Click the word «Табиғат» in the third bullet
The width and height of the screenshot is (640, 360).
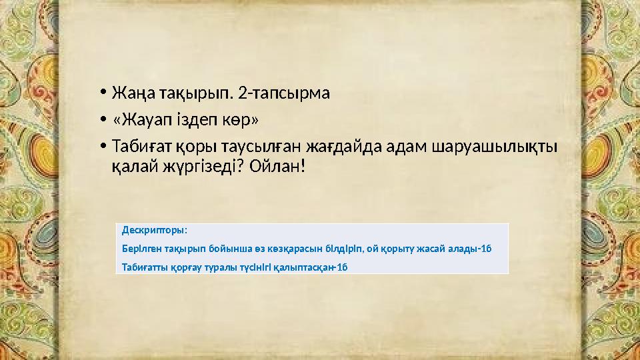click(x=142, y=145)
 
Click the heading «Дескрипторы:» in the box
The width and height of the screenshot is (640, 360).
click(x=154, y=231)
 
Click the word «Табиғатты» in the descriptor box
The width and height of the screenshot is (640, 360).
click(x=143, y=267)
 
